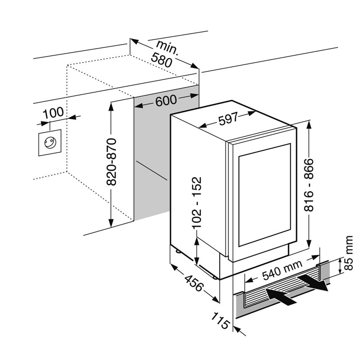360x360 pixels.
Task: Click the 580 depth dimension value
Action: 162,60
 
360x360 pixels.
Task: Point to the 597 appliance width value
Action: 228,120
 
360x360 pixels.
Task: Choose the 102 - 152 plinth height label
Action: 197,202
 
